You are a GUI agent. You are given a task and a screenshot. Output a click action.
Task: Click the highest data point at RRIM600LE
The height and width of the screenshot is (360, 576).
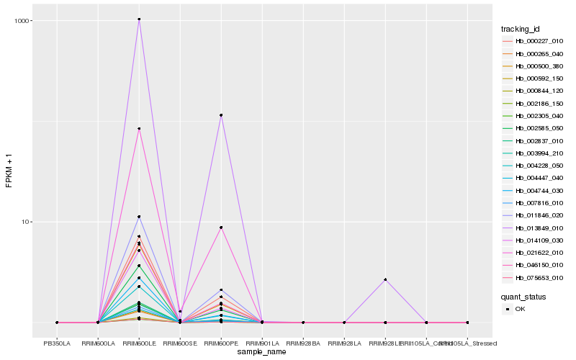[139, 19]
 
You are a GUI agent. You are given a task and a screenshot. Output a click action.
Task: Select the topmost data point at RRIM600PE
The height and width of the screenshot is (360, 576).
[221, 115]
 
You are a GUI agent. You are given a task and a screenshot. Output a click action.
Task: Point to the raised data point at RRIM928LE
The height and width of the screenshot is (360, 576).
[385, 279]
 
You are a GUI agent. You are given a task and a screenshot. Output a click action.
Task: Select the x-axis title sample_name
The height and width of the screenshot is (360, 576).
[262, 351]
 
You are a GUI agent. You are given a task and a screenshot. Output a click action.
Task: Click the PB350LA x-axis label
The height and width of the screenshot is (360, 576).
[57, 343]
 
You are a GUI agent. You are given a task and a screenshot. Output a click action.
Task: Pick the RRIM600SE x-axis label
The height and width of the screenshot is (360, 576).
[180, 343]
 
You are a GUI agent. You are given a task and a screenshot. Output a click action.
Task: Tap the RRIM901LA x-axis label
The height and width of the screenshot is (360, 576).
[262, 343]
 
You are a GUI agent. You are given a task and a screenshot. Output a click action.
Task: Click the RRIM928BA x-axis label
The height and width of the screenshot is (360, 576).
[303, 343]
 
